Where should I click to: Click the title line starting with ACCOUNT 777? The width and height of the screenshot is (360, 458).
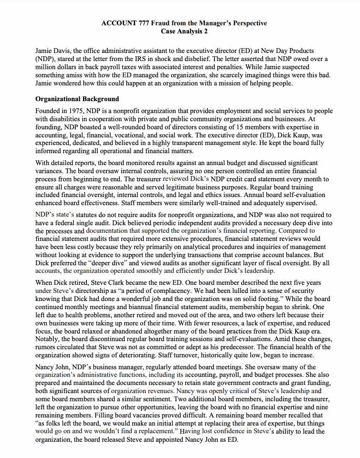184,23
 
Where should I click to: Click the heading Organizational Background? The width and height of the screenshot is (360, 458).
77,99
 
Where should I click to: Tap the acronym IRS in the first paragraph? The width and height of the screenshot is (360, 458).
201,58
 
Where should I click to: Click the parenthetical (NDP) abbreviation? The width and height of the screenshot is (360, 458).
43,58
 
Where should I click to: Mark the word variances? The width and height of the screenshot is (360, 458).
51,171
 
